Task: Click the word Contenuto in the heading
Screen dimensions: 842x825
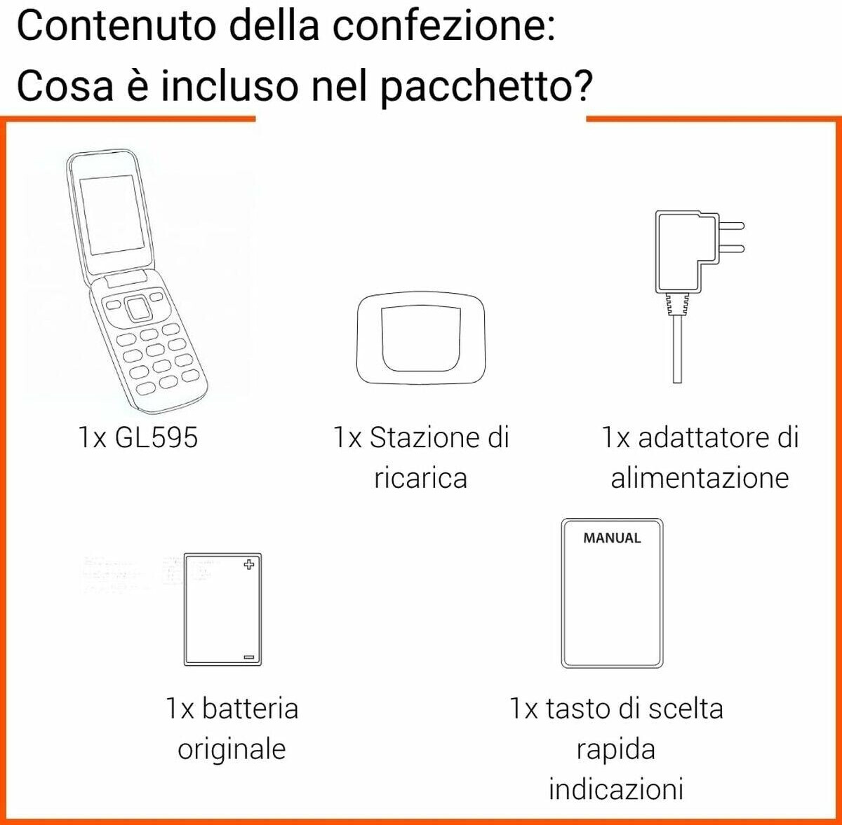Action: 116,25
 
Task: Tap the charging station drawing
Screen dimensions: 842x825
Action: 421,339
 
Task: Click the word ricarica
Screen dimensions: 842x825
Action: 421,478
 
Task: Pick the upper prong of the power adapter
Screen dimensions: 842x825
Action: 731,226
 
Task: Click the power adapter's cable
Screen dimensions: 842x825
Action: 677,349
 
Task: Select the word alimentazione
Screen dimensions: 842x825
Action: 700,478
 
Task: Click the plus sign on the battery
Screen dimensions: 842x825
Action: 248,564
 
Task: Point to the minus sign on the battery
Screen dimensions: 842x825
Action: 248,657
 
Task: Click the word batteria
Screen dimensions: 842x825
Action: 250,708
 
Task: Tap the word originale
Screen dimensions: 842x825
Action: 232,749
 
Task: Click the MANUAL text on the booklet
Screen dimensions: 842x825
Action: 612,538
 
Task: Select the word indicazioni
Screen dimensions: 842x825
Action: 616,790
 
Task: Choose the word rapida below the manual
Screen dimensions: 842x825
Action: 616,749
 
